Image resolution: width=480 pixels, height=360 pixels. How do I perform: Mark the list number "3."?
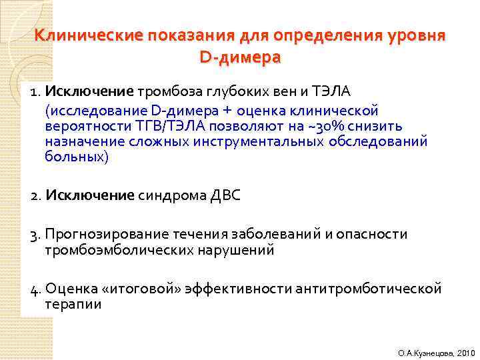36,234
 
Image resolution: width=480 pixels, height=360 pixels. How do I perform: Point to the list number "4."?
36,289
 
